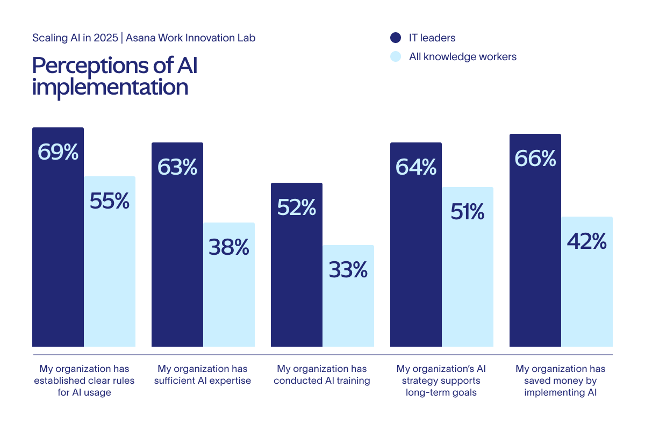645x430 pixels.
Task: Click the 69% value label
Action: coord(58,152)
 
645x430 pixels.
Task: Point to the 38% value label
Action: coord(229,247)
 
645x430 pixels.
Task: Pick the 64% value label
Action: coord(416,167)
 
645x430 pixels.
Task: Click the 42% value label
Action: coord(587,241)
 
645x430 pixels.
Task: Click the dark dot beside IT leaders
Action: coord(396,38)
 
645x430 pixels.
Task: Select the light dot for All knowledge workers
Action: coord(396,56)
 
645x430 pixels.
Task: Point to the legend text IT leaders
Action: coord(432,38)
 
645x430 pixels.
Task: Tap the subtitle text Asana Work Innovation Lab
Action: coord(191,38)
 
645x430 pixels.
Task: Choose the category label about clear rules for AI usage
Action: coord(84,381)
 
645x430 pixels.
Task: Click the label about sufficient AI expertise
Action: coord(203,375)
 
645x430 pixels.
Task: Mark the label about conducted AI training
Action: coord(322,375)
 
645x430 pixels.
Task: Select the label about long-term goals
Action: coord(441,381)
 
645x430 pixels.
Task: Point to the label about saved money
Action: coord(561,381)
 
